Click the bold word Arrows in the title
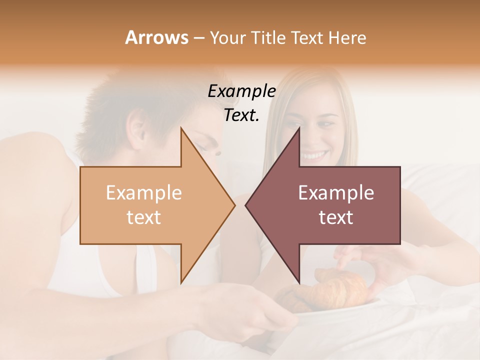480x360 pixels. click(156, 37)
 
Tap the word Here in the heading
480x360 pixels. click(347, 37)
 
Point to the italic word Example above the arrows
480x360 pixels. click(241, 91)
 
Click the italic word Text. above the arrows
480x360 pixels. click(241, 115)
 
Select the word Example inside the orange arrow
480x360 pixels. click(143, 193)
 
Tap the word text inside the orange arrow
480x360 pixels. click(143, 217)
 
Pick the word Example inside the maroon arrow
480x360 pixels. click(336, 193)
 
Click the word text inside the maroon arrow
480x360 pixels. click(336, 217)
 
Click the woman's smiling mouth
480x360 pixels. click(314, 155)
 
